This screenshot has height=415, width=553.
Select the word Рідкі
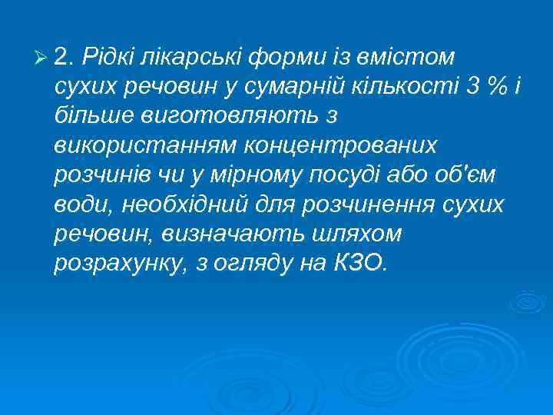click(x=108, y=55)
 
